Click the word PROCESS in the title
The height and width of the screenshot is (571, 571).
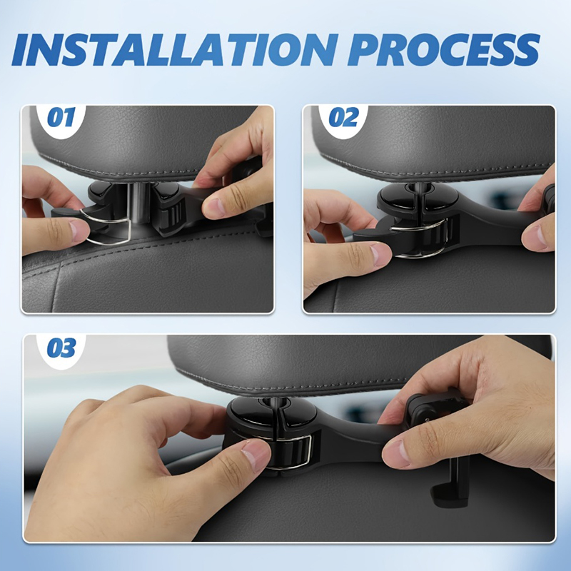[443, 49]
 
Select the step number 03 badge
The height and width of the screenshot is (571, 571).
[61, 347]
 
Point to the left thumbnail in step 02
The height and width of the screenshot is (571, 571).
[380, 254]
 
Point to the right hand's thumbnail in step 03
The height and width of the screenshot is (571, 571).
[396, 454]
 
